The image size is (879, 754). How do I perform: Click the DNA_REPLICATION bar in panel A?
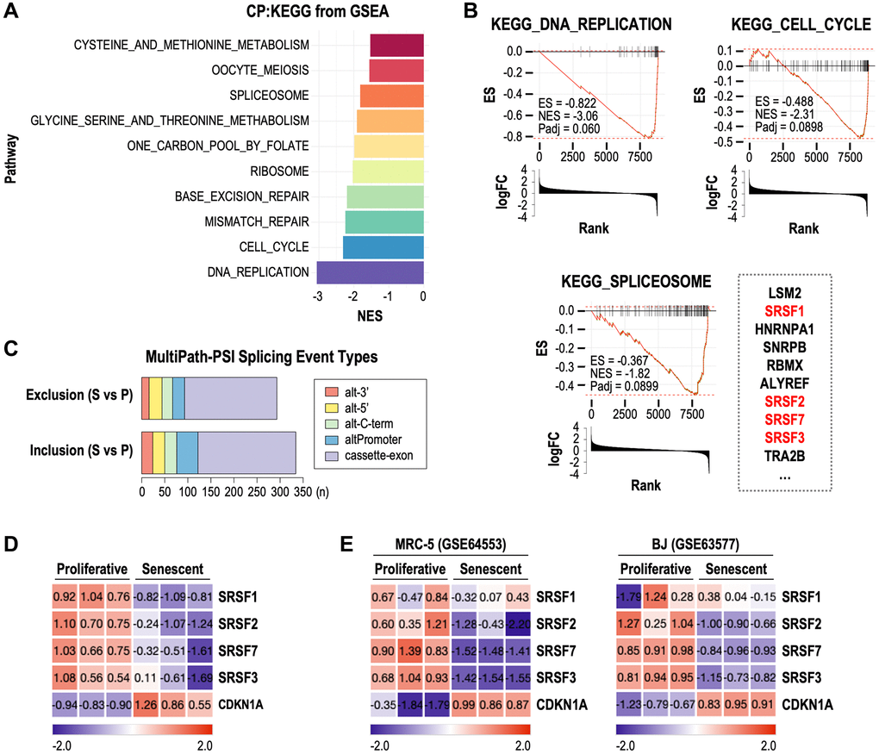point(370,272)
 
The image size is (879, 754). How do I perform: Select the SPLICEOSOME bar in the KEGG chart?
point(391,95)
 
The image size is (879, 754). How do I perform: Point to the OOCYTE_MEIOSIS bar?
point(396,70)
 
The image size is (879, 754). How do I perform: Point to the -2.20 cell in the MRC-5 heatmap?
point(518,626)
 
